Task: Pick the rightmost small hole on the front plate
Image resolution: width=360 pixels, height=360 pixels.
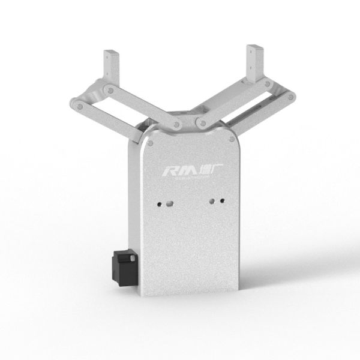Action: click(x=221, y=200)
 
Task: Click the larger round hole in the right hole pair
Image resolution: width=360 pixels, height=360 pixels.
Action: click(x=212, y=201)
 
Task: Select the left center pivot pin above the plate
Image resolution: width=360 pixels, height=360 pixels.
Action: click(x=175, y=124)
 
